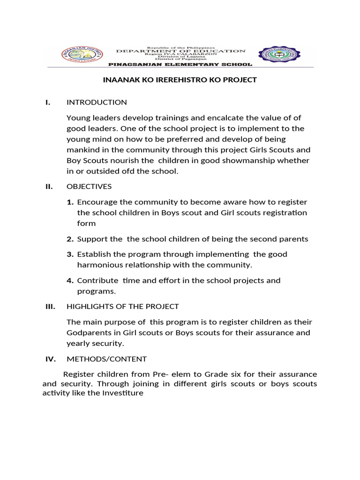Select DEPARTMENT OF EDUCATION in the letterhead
tap(180, 51)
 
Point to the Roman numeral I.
tap(48, 102)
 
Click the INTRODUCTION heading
tap(97, 102)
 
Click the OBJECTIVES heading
tap(89, 187)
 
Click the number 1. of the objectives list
tap(70, 202)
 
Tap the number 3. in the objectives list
tap(70, 254)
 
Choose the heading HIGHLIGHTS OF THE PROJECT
tap(122, 307)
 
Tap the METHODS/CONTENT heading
tap(106, 359)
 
